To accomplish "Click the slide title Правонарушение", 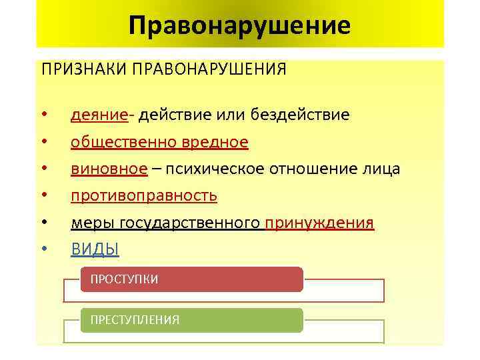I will [239, 26].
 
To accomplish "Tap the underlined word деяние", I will [99, 115].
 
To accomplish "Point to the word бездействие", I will [299, 115].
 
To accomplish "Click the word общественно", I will [123, 142].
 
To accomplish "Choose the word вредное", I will [215, 142].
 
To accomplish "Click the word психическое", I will [208, 169].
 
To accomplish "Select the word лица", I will [381, 169].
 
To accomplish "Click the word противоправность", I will [144, 196].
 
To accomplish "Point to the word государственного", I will [183, 223].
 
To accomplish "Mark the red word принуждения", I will [319, 223].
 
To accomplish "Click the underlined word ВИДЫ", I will [95, 249].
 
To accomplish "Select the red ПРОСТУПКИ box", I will [191, 279].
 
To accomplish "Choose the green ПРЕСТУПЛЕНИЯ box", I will [191, 320].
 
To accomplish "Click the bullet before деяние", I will [43, 115].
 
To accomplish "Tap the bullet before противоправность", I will [43, 196].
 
